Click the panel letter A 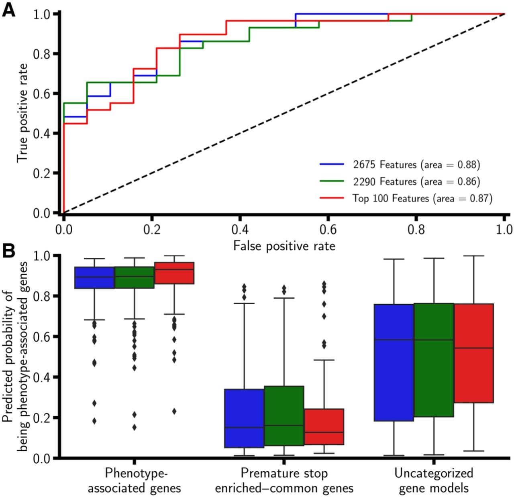pos(9,11)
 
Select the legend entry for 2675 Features pos(400,165)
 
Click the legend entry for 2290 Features pos(400,181)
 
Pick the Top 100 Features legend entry pos(406,198)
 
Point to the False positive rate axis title pos(284,246)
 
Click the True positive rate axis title pos(22,113)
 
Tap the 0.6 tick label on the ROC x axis pos(328,230)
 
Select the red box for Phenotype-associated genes pos(174,273)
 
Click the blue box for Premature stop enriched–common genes pos(244,418)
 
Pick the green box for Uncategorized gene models pos(434,360)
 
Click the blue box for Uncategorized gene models pos(394,363)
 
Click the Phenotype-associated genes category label pos(135,481)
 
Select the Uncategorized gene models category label pos(434,481)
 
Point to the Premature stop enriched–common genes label pos(284,481)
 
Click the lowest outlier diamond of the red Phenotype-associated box pos(174,411)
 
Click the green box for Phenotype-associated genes pos(135,277)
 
